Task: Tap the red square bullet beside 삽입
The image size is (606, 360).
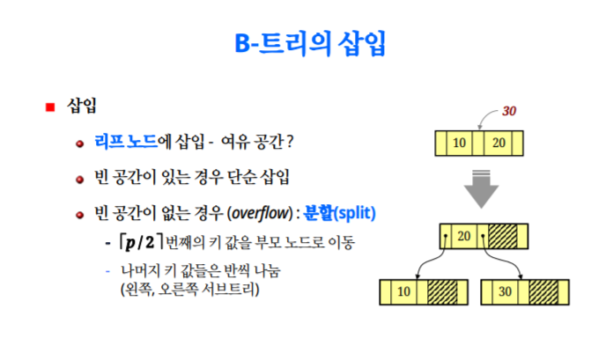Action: coord(51,107)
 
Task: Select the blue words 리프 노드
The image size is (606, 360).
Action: coord(126,141)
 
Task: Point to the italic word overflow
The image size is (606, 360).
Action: coord(260,212)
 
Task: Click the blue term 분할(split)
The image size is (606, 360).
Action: coord(340,212)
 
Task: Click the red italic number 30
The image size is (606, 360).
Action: coord(509,112)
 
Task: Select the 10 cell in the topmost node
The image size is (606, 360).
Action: coord(459,143)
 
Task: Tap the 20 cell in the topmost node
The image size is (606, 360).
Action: coord(499,143)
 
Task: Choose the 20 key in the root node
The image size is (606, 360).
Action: coord(466,236)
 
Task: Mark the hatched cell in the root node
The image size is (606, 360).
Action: coord(504,236)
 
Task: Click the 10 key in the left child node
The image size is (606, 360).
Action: coord(404,291)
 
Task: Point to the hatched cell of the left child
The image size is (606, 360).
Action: coord(442,291)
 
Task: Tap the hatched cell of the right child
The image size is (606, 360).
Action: coord(544,291)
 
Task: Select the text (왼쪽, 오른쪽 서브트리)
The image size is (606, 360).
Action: coord(188,288)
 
